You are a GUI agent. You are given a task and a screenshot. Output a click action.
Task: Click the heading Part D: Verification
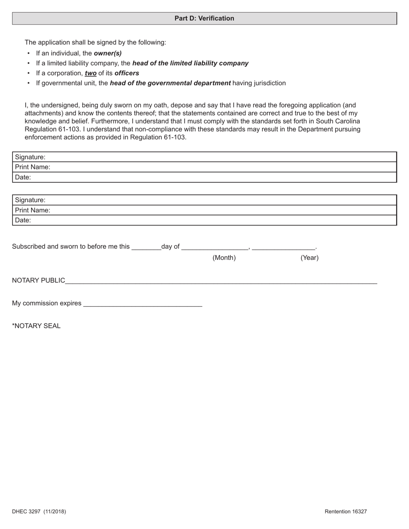(x=204, y=18)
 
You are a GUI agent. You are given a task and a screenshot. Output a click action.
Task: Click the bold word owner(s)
(x=108, y=53)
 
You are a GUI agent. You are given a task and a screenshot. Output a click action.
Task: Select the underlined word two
(x=90, y=73)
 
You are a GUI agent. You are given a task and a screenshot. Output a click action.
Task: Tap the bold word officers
(x=127, y=73)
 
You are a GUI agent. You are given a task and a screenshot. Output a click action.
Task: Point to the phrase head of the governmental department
(x=170, y=83)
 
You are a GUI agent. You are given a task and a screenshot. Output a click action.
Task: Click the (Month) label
(x=224, y=258)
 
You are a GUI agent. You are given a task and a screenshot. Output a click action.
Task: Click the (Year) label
(x=309, y=258)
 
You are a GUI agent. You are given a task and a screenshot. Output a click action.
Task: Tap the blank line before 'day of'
(x=146, y=247)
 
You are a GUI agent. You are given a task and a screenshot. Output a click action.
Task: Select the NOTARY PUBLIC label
(x=38, y=280)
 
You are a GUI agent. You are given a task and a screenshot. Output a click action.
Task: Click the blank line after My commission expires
(x=143, y=304)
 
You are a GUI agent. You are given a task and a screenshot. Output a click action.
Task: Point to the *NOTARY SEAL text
(x=36, y=326)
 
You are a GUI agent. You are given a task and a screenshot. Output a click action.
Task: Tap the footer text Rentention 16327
(x=346, y=511)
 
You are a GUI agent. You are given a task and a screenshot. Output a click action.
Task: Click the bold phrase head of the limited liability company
(x=190, y=63)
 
